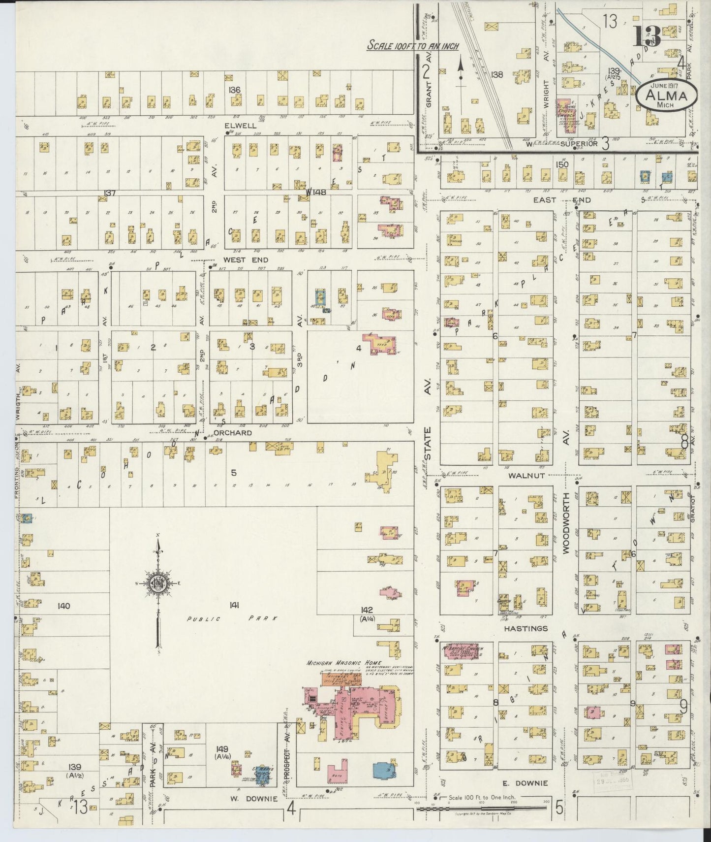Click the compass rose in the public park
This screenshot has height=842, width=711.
pyautogui.click(x=158, y=584)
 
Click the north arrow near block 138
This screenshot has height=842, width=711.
pyautogui.click(x=461, y=69)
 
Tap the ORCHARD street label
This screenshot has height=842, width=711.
pyautogui.click(x=233, y=433)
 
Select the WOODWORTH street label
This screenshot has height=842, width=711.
pyautogui.click(x=566, y=523)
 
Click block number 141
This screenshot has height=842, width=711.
pyautogui.click(x=234, y=606)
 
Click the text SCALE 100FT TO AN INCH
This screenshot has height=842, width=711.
pyautogui.click(x=413, y=46)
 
